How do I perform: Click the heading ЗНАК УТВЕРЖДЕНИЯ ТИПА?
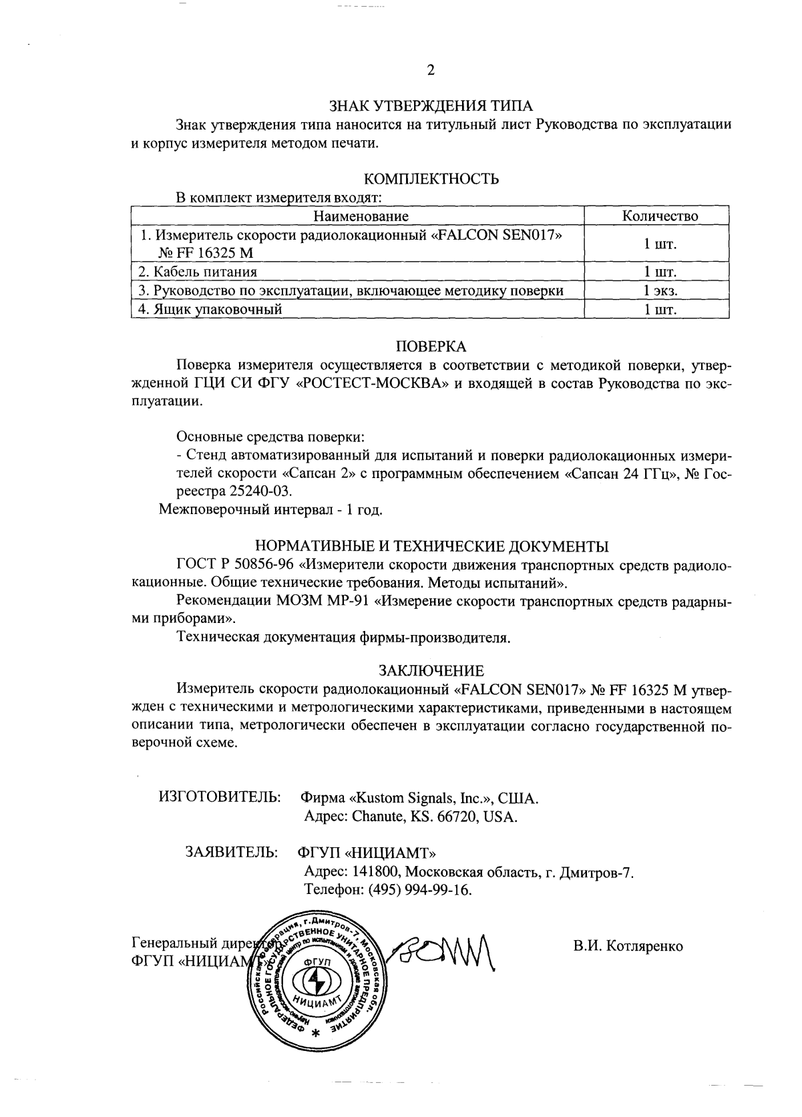431,106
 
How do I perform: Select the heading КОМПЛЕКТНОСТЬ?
431,179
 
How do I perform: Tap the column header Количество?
660,216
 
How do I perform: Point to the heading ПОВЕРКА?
431,347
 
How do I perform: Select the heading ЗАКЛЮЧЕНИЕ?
431,670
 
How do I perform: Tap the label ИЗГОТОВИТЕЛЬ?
220,797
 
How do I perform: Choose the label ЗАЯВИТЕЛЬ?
232,853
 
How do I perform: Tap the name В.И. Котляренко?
627,946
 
